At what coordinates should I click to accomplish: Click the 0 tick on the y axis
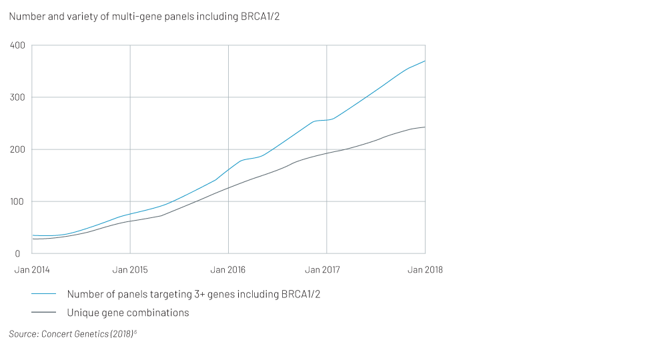21,253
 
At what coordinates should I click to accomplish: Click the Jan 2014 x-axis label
32,270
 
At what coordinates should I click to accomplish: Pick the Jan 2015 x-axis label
130,270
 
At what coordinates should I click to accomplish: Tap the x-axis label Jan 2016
228,270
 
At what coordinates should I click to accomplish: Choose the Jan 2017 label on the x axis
326,270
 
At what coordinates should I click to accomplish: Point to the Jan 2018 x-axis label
425,270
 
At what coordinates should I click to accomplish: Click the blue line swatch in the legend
43,294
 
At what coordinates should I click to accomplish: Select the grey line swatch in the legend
43,313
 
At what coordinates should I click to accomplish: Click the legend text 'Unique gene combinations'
128,313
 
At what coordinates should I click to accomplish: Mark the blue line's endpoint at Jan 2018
425,61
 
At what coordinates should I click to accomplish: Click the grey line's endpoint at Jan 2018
425,127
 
